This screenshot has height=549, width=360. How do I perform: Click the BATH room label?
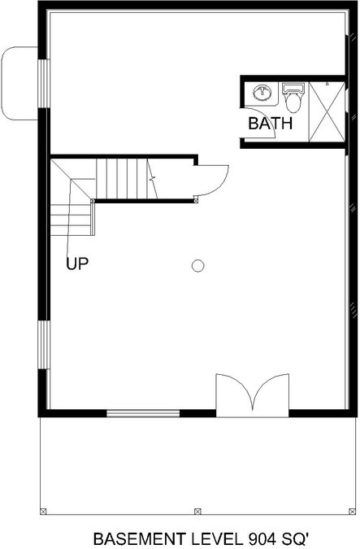pos(270,124)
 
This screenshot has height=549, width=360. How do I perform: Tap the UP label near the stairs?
pos(77,264)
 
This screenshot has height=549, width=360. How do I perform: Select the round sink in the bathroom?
pos(262,93)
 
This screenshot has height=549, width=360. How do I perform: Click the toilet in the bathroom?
pos(293,98)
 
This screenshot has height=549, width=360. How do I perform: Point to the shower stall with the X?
pos(327,111)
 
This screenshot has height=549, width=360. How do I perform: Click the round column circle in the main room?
pos(198,266)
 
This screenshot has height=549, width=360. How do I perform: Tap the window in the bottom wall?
pos(143,413)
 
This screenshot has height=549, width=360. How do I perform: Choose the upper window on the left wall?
pos(44,84)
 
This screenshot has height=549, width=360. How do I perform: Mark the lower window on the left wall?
pos(44,345)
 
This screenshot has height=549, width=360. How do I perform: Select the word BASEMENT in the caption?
pos(140,538)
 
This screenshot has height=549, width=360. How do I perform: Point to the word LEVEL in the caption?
pos(217,538)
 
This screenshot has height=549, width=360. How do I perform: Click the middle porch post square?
pos(197,512)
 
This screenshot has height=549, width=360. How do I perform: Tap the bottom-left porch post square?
pos(43,512)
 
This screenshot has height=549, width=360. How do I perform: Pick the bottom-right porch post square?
pos(353,512)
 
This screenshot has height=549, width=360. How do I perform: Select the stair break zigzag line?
pos(152,179)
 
